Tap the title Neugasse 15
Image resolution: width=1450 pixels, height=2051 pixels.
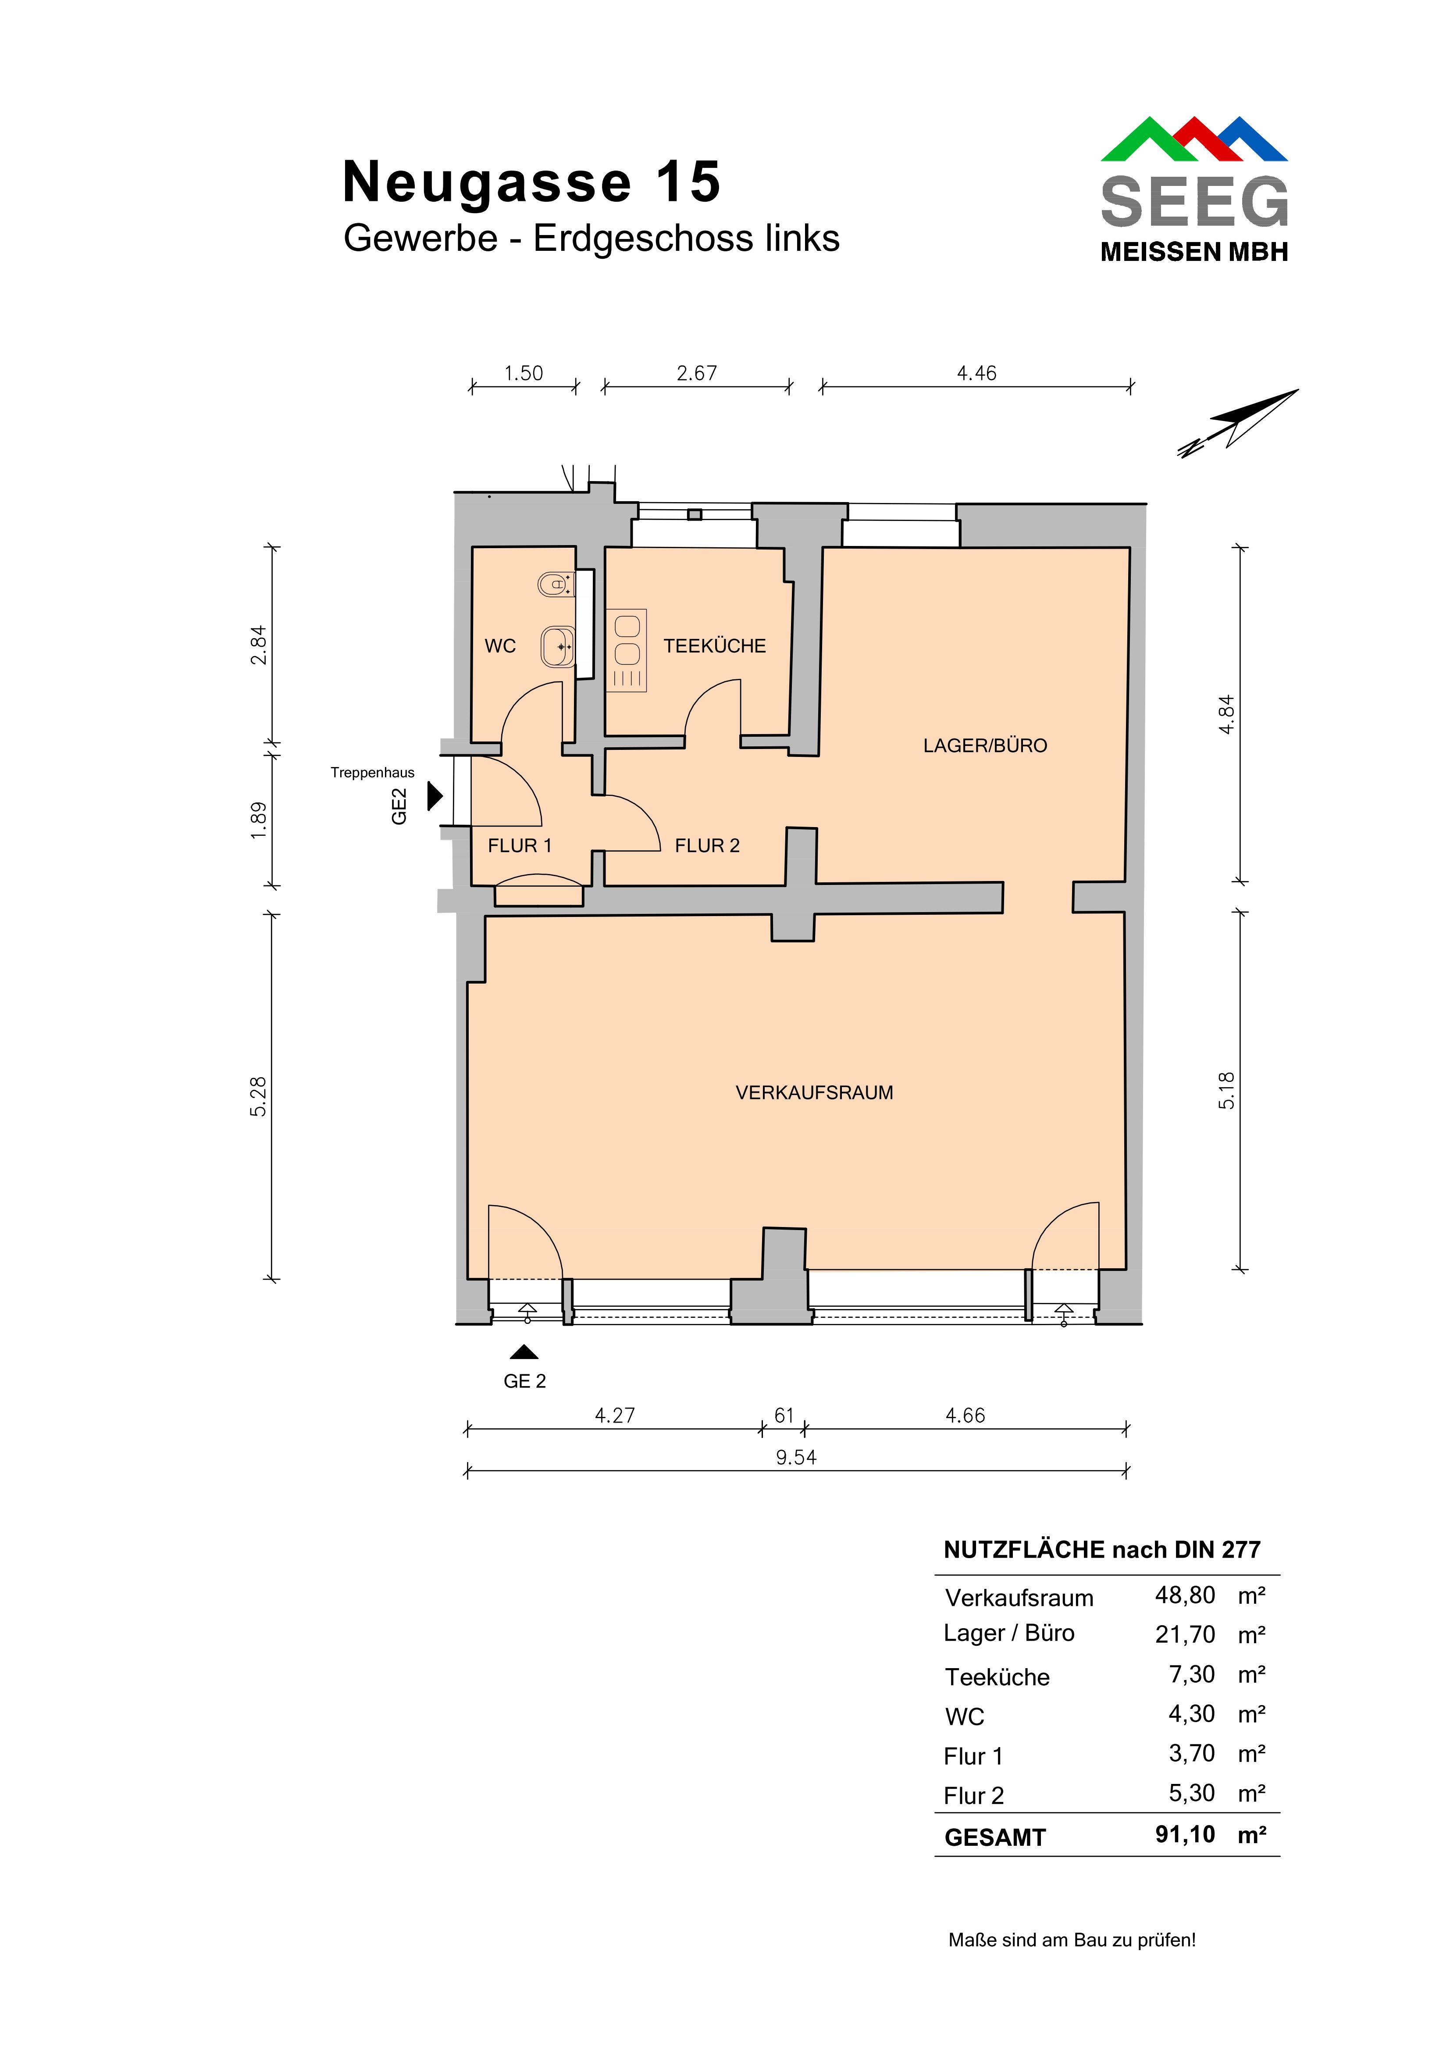click(531, 182)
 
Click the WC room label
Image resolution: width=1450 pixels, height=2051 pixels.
click(500, 646)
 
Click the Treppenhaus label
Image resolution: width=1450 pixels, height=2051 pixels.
click(373, 773)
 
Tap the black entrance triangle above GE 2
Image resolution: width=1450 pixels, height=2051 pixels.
click(524, 1352)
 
